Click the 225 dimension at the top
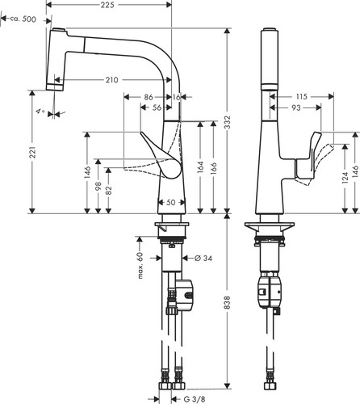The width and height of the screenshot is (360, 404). pyautogui.click(x=107, y=5)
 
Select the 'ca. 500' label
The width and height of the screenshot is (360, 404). pyautogui.click(x=23, y=19)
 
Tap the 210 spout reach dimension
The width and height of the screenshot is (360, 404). pyautogui.click(x=111, y=80)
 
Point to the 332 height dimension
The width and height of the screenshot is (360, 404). pyautogui.click(x=228, y=123)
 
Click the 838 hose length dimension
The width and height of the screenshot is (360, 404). pyautogui.click(x=228, y=302)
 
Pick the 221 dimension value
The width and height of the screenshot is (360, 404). pyautogui.click(x=33, y=153)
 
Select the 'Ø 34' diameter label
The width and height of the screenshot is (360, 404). pyautogui.click(x=203, y=259)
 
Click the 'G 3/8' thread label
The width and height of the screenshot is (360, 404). pyautogui.click(x=194, y=399)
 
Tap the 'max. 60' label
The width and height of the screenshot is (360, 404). pyautogui.click(x=140, y=265)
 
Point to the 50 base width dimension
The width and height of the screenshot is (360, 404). pyautogui.click(x=171, y=202)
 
